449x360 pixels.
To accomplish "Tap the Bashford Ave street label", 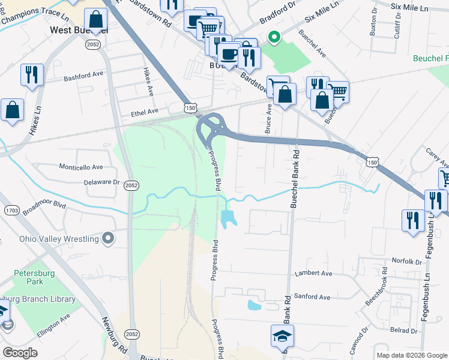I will click(x=83, y=77).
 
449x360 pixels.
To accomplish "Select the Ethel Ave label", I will click(x=145, y=112).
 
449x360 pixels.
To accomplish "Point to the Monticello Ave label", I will click(x=80, y=167).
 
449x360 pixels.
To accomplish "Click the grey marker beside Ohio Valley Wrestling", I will click(x=108, y=239).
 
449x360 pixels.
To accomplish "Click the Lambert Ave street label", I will click(x=313, y=274).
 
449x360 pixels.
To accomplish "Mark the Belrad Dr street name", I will click(x=403, y=331).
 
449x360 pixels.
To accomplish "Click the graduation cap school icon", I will click(x=282, y=335).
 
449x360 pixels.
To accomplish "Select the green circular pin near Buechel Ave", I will click(x=274, y=38).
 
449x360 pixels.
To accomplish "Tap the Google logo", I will click(x=20, y=353).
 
